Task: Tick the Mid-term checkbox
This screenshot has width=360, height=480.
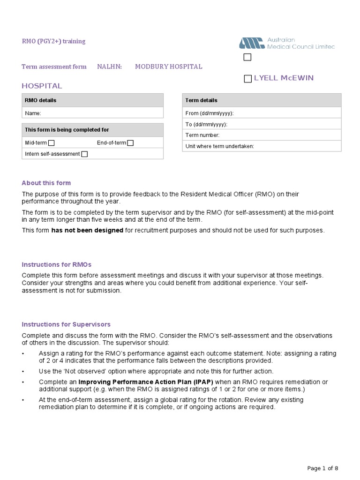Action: tap(52, 143)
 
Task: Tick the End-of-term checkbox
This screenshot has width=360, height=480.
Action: tap(130, 143)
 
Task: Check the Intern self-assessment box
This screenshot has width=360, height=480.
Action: tap(84, 154)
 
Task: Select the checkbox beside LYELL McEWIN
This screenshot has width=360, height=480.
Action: tap(247, 79)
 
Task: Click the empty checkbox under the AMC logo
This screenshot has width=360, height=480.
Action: tap(247, 57)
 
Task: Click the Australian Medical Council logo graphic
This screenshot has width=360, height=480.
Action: tap(252, 44)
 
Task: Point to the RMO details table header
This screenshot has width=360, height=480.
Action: tap(93, 100)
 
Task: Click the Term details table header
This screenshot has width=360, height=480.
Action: tap(262, 100)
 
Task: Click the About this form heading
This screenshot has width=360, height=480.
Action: tap(46, 183)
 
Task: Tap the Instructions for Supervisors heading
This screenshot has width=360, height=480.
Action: tap(66, 324)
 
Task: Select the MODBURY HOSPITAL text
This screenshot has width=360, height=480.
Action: tap(168, 67)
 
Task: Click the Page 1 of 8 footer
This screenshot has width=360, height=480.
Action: tap(322, 468)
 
